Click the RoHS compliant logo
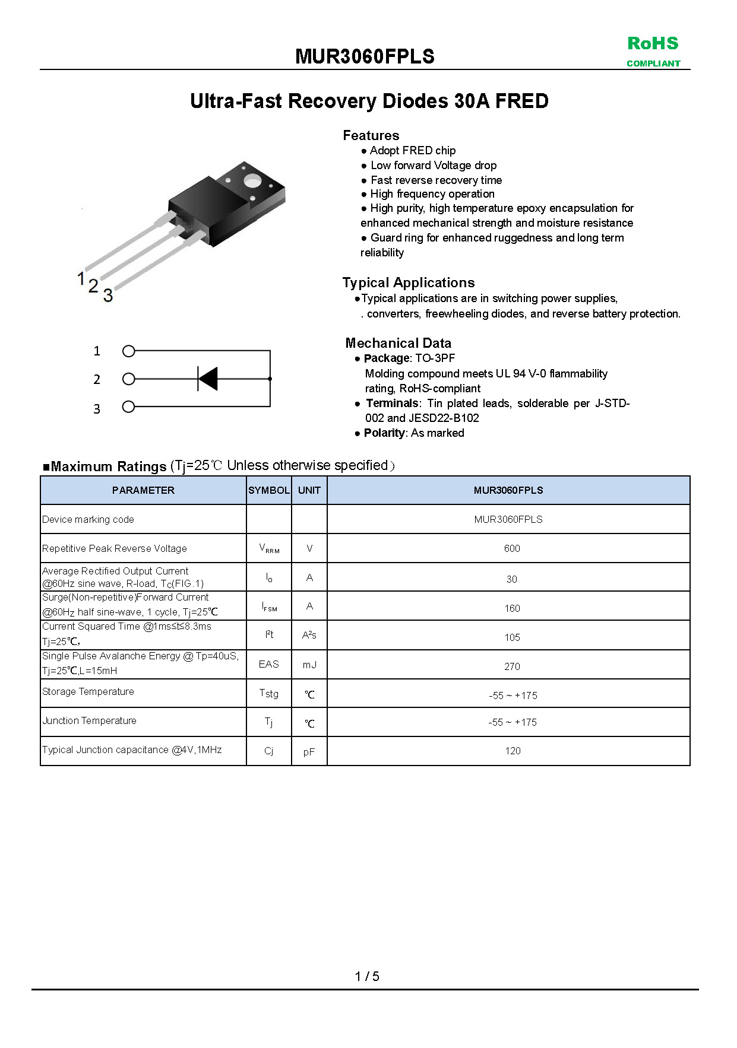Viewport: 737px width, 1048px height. [653, 51]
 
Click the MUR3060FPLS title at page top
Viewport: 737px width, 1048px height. [365, 56]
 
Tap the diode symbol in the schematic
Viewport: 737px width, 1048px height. [208, 379]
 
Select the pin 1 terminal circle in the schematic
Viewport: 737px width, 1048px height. [129, 351]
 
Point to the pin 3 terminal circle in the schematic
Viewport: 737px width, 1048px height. [129, 407]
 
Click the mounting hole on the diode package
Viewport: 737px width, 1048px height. [252, 180]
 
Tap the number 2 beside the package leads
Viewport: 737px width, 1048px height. [93, 286]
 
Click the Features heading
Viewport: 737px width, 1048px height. [371, 135]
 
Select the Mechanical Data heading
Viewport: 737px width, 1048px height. [398, 343]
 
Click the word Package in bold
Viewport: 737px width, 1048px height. [386, 358]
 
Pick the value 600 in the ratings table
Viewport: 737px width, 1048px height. [511, 548]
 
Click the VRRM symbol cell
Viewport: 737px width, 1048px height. [269, 548]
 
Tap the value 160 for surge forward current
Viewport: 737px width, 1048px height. [511, 608]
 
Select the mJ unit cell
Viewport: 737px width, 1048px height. [309, 665]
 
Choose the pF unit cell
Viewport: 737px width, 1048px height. [309, 752]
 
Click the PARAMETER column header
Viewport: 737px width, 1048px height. [143, 490]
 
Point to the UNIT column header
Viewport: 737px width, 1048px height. [309, 490]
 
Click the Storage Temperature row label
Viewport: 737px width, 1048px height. [88, 691]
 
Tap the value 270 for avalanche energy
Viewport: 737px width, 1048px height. [511, 666]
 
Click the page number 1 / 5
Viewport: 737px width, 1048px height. [367, 976]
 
